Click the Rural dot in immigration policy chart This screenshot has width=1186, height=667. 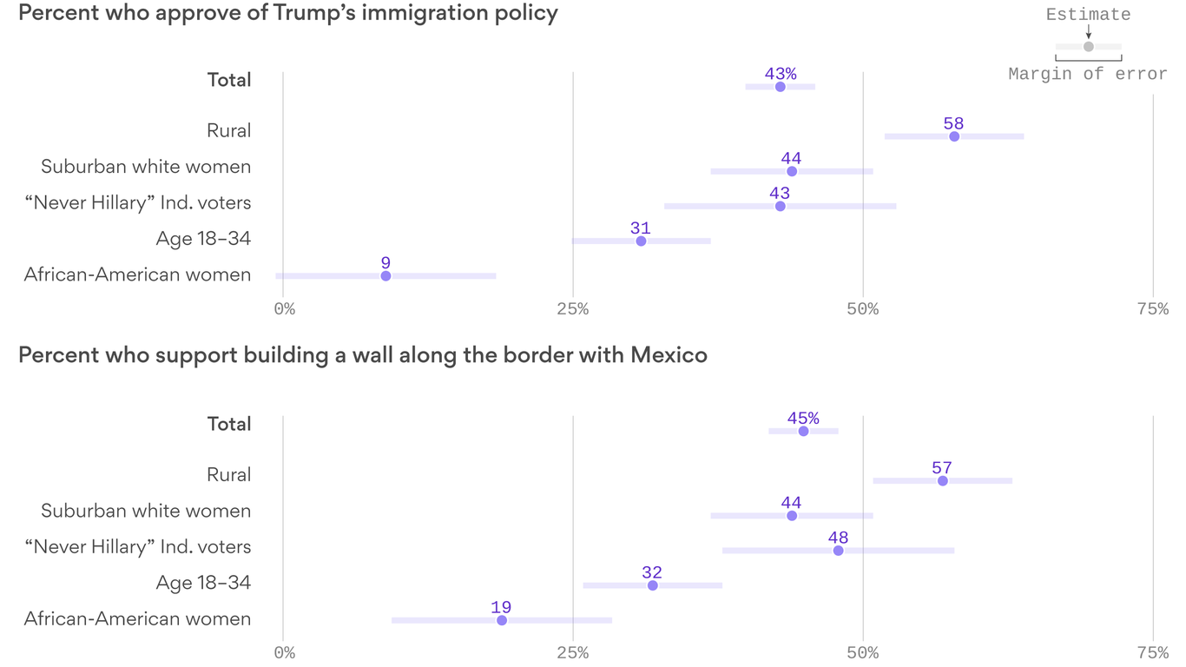[x=954, y=136]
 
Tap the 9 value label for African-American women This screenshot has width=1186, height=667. [x=385, y=263]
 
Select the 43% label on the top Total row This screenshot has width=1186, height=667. [x=781, y=74]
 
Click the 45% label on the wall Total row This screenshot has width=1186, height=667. [x=803, y=418]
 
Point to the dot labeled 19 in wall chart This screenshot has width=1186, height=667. [x=502, y=620]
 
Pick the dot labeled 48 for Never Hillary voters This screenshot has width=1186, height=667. [x=838, y=551]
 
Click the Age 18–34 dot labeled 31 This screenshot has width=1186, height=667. [x=641, y=241]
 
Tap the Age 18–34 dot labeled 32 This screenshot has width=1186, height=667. [x=653, y=585]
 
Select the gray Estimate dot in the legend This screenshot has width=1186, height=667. [x=1088, y=46]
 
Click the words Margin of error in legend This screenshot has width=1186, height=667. [x=1088, y=75]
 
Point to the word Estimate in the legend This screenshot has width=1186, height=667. [x=1088, y=15]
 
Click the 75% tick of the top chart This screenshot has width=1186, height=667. [x=1152, y=309]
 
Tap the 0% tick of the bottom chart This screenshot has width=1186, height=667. [x=284, y=653]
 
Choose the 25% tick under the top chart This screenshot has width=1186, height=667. [x=572, y=309]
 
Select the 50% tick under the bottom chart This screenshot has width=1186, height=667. [x=862, y=653]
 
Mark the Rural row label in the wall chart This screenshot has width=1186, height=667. [x=228, y=474]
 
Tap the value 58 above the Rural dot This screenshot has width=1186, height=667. [x=954, y=123]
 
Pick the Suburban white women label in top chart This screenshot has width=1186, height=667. [x=146, y=167]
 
